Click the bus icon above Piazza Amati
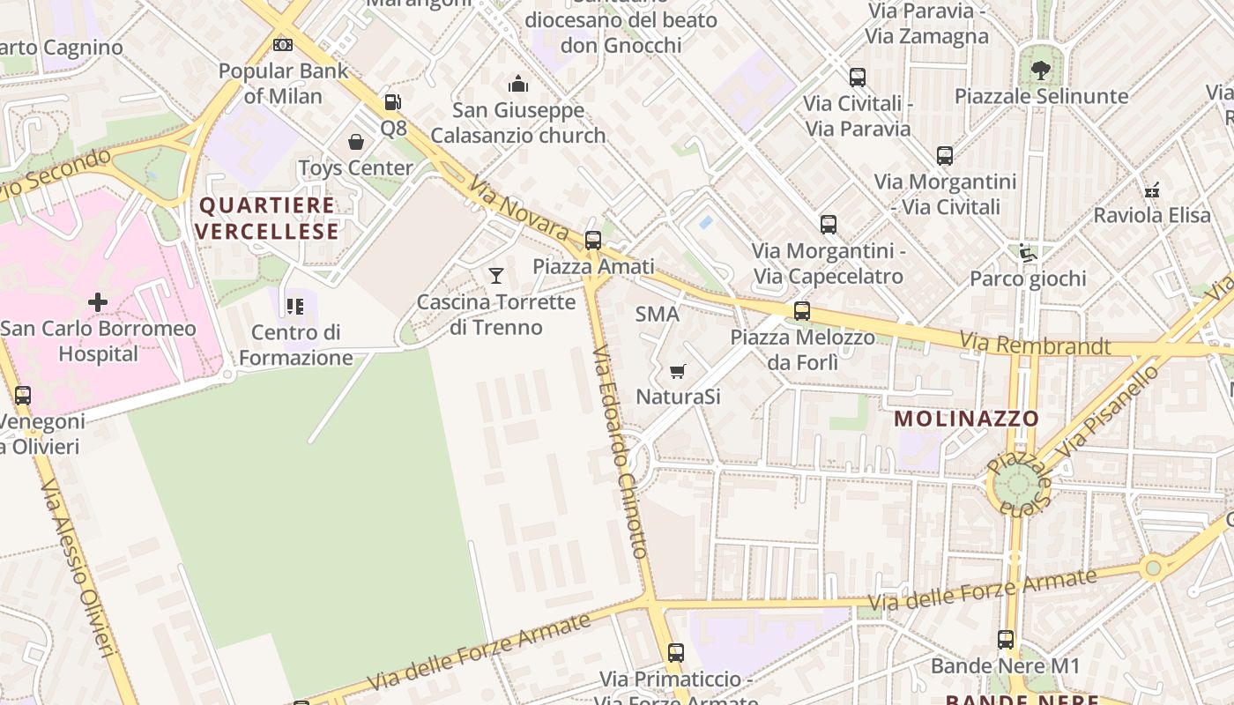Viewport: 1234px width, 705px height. (x=593, y=240)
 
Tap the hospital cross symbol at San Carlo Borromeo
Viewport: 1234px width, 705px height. (x=98, y=302)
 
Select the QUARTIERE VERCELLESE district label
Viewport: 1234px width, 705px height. (x=267, y=219)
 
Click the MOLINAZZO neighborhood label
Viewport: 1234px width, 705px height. (x=967, y=419)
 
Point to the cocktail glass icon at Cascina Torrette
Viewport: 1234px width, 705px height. (x=496, y=276)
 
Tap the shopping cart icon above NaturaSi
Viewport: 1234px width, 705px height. (x=677, y=371)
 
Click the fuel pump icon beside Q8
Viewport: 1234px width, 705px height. (x=393, y=102)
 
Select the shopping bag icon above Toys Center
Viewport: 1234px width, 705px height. (x=356, y=142)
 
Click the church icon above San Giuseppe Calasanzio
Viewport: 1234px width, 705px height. (x=518, y=84)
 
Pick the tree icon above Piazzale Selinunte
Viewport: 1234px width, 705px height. (x=1041, y=70)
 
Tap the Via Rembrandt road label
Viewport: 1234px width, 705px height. (x=1035, y=344)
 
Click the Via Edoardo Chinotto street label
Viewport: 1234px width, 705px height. (x=621, y=452)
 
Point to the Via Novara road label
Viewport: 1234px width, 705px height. (x=519, y=209)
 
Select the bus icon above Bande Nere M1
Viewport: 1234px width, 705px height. (x=1006, y=640)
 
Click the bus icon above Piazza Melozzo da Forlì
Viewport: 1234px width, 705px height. (x=801, y=311)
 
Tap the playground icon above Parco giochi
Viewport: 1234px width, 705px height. (x=1027, y=253)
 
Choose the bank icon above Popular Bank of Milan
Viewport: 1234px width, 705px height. (x=283, y=44)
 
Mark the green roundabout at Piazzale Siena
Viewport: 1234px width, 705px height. (x=1017, y=484)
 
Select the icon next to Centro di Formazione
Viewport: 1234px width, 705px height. (x=294, y=307)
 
